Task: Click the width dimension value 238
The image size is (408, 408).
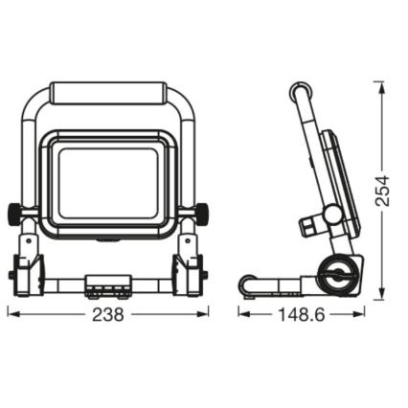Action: (109, 314)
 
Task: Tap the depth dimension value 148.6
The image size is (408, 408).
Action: (300, 314)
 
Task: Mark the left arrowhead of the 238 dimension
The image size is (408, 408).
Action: (12, 313)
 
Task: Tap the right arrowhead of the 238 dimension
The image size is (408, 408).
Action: (207, 313)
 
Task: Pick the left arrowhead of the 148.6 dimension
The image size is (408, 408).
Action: (242, 313)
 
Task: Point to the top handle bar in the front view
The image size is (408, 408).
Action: (108, 94)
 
